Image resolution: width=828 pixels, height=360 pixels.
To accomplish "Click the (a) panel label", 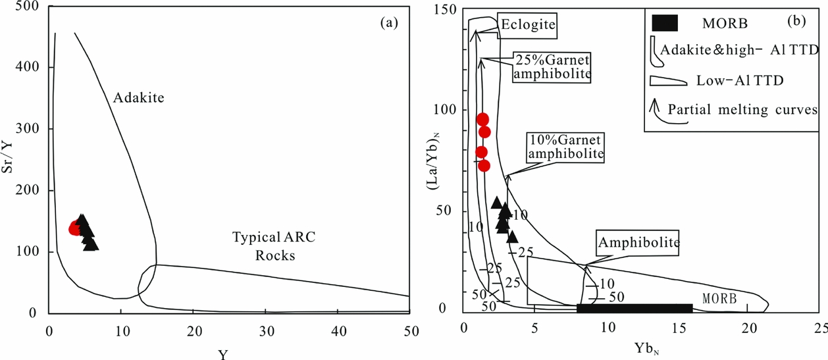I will click(389, 23).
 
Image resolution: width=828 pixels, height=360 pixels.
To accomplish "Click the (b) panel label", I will click(797, 21).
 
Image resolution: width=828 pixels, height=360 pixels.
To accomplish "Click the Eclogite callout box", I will click(528, 25).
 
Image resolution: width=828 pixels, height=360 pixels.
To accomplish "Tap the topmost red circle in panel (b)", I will click(482, 119).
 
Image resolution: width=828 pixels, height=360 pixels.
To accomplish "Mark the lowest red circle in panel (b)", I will click(484, 165).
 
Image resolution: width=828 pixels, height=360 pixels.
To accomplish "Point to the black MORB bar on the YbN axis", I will click(634, 308).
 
